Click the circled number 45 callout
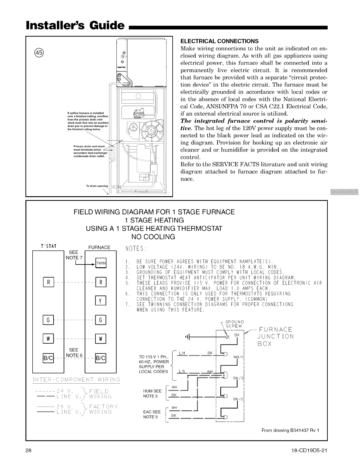(x=39, y=53)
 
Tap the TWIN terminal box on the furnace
(x=101, y=263)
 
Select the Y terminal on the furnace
(x=101, y=301)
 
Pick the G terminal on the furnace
(x=101, y=320)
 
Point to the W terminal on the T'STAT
(x=48, y=339)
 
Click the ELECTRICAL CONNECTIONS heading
(x=219, y=41)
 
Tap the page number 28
(x=29, y=451)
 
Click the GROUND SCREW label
(x=234, y=324)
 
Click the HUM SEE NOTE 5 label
(x=152, y=393)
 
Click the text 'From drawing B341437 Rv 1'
(x=290, y=431)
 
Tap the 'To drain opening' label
(x=97, y=186)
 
